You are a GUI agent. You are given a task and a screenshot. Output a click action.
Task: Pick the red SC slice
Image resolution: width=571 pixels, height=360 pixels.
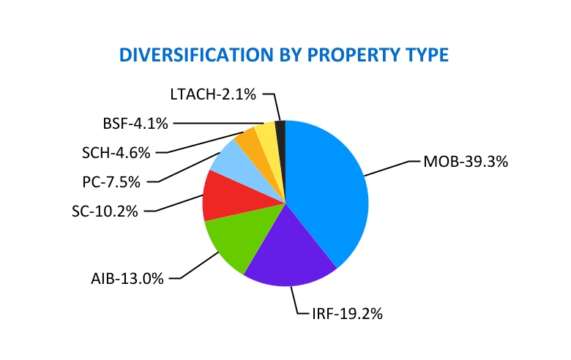(220, 196)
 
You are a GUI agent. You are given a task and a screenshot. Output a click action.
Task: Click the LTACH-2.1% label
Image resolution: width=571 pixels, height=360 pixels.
(212, 94)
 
